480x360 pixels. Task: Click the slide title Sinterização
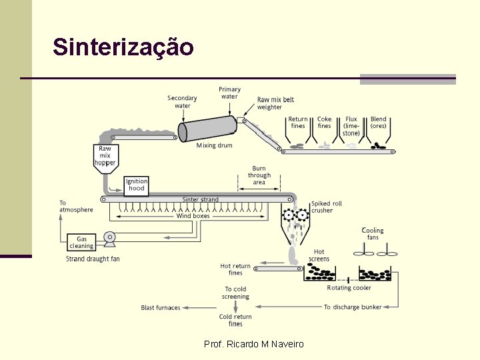click(123, 47)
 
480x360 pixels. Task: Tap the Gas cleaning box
click(81, 243)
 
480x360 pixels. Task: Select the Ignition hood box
click(137, 185)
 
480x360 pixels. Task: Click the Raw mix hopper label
click(105, 156)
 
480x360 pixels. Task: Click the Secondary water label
click(182, 102)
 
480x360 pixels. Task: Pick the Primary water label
click(229, 93)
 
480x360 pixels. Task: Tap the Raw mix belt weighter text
click(275, 103)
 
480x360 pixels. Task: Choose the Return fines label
click(298, 123)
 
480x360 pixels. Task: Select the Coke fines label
click(324, 123)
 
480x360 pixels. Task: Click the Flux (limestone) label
click(351, 126)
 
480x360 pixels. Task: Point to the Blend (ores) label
click(379, 123)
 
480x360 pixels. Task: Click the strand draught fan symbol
click(111, 237)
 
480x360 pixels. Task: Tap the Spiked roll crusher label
click(326, 207)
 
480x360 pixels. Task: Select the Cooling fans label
click(373, 234)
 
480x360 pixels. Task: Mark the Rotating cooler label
click(349, 288)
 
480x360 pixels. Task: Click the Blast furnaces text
click(161, 308)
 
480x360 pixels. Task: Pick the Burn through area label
click(259, 175)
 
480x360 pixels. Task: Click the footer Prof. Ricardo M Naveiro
click(253, 344)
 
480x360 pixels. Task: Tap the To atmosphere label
click(76, 206)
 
